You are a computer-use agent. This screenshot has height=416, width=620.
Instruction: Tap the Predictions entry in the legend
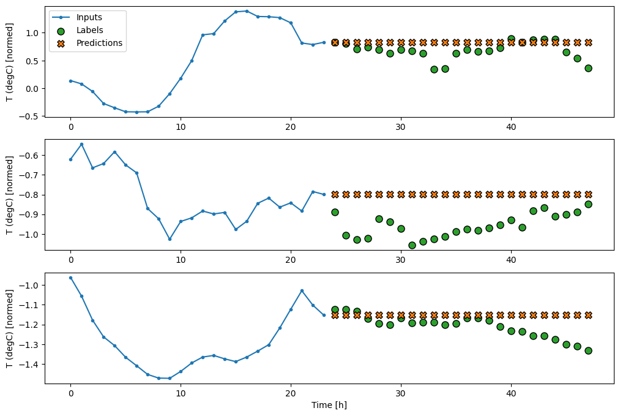(99, 43)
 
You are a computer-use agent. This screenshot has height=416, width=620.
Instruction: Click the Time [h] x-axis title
(330, 405)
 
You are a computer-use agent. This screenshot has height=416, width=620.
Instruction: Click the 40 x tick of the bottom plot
(511, 393)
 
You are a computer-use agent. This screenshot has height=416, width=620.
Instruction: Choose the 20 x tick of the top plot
(291, 126)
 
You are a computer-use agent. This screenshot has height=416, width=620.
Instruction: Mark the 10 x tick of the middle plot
(181, 259)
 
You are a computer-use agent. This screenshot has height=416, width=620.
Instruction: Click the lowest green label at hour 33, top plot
(434, 69)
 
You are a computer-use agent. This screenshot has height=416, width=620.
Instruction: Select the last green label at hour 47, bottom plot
(588, 350)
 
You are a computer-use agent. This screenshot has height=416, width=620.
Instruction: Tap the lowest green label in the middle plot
(412, 245)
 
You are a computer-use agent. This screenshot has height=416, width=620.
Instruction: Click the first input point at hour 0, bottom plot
(70, 278)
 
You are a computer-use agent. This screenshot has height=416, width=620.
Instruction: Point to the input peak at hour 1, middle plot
(81, 145)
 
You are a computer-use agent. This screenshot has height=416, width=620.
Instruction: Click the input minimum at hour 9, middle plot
(170, 239)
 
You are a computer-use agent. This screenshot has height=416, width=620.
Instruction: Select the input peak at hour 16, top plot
(247, 11)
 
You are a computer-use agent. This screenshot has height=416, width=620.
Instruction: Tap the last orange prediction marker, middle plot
(588, 194)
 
